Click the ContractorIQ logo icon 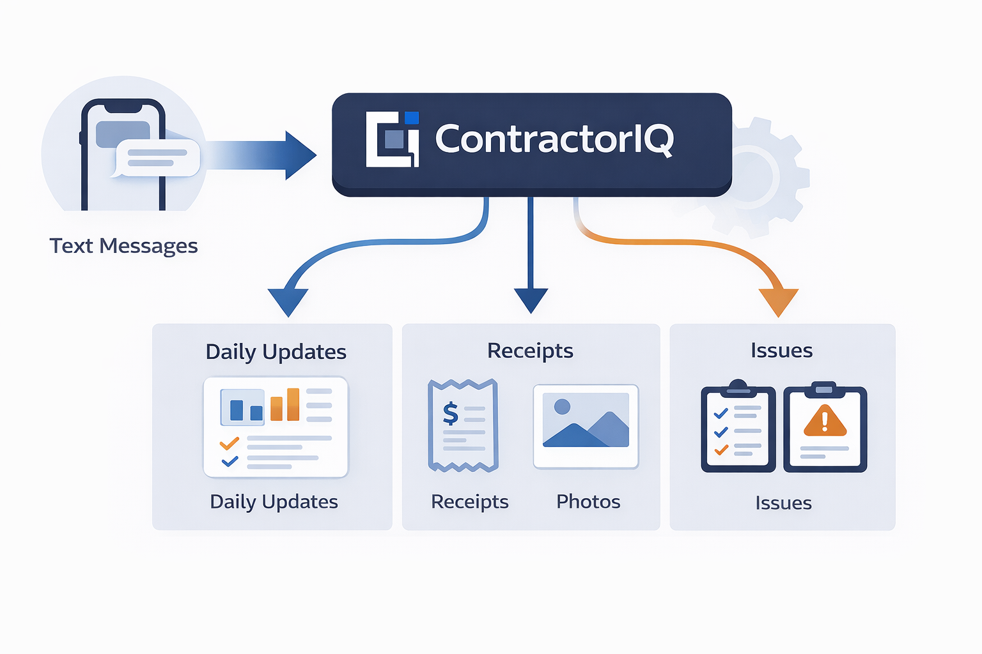click(x=392, y=139)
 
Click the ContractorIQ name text click(x=554, y=139)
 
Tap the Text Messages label click(x=123, y=246)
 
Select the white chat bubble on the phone click(x=157, y=158)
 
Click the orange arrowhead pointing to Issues click(x=778, y=301)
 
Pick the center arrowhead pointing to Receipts click(x=531, y=300)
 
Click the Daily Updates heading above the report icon click(x=276, y=352)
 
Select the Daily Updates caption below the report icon click(x=274, y=502)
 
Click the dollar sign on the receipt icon click(x=451, y=413)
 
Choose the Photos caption click(x=588, y=502)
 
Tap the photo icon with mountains click(x=586, y=426)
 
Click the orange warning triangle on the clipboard click(x=825, y=421)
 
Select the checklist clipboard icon click(x=738, y=428)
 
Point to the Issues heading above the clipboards click(x=781, y=351)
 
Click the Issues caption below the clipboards click(x=783, y=503)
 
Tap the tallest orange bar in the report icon click(x=293, y=404)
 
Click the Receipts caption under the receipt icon click(x=470, y=502)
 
